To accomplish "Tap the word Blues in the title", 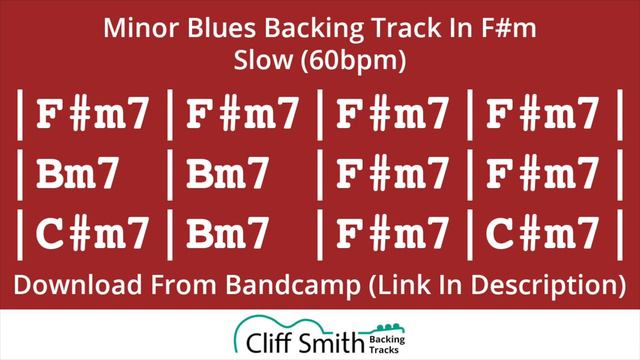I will (x=214, y=30).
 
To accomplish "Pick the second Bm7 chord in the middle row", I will (x=227, y=176).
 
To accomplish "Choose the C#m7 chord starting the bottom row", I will (x=94, y=235).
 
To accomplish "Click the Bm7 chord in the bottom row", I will (x=227, y=235).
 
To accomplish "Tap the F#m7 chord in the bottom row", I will (x=393, y=235).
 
